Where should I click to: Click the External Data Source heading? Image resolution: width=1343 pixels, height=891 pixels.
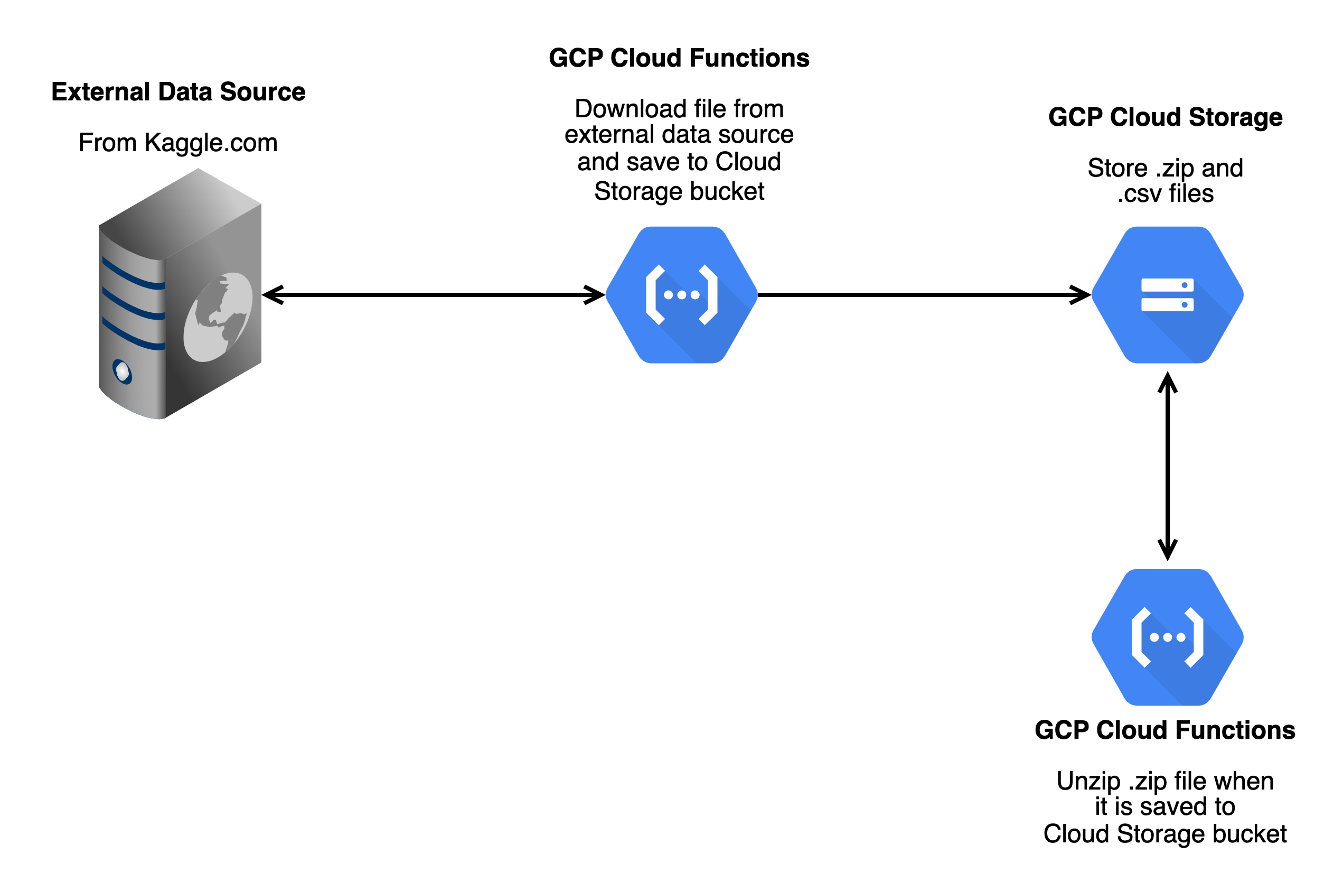click(x=178, y=91)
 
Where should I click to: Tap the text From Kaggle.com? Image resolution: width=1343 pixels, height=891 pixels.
click(x=178, y=142)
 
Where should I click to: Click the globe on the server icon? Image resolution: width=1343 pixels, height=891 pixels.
click(x=218, y=317)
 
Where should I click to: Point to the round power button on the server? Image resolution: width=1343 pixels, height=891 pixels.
click(x=122, y=372)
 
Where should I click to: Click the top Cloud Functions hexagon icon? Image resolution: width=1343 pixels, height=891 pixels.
click(x=681, y=294)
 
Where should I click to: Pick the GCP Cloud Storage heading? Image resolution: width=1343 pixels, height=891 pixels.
click(x=1164, y=117)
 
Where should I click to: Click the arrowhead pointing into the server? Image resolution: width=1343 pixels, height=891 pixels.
click(x=273, y=294)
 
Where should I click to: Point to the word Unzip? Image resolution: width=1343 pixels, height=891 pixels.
click(x=1087, y=781)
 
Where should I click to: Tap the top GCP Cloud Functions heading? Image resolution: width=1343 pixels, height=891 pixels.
click(x=679, y=58)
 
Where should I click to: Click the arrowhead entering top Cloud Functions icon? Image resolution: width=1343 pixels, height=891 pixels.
click(x=594, y=294)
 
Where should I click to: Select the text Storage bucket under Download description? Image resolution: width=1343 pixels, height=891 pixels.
click(x=679, y=191)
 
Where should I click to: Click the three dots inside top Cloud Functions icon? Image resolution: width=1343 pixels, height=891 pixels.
click(x=681, y=294)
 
